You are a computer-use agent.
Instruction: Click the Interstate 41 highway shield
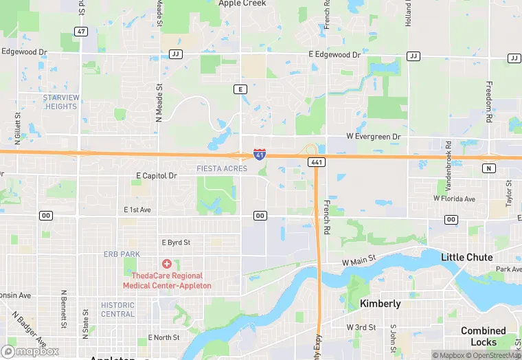(x=260, y=154)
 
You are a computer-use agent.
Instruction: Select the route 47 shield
(x=82, y=32)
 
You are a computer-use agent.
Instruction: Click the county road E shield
(x=240, y=89)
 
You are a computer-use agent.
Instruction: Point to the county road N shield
(x=489, y=168)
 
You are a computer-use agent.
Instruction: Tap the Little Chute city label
(x=467, y=257)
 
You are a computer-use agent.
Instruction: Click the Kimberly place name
(x=381, y=304)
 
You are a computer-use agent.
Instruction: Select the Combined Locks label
(x=484, y=336)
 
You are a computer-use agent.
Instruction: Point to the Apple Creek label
(x=242, y=3)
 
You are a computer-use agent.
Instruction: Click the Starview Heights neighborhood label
(x=60, y=102)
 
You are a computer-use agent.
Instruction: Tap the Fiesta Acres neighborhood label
(x=222, y=169)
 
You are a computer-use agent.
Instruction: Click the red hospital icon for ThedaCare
(x=166, y=264)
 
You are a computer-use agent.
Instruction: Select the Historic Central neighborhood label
(x=117, y=309)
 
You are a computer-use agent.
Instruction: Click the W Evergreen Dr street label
(x=373, y=137)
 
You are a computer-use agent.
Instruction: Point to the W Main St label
(x=359, y=260)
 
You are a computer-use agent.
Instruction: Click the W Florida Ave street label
(x=454, y=199)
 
